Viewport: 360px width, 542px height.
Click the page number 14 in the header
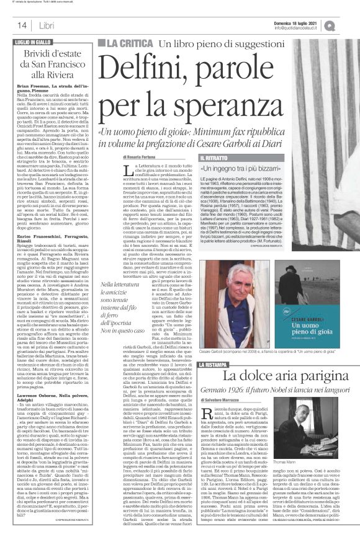[21, 25]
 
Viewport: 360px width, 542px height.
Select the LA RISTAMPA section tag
[217, 347]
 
